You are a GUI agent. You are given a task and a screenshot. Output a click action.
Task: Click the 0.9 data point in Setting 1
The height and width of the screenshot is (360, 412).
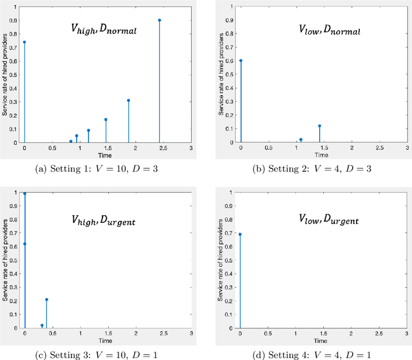point(160,20)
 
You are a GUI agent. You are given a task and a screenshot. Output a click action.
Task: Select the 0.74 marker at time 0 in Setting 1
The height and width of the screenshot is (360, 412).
point(24,43)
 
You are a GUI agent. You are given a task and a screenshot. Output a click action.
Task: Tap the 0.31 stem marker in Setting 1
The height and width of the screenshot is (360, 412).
point(128,100)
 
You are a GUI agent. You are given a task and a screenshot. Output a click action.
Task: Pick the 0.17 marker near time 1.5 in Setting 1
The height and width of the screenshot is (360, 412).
point(106,119)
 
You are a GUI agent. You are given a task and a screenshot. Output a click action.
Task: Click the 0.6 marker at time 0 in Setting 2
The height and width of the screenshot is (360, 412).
point(241,61)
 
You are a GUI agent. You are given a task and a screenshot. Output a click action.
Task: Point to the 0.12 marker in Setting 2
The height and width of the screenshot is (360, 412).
point(319,126)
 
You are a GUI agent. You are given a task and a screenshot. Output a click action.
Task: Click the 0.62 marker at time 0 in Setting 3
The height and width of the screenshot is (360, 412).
point(24,244)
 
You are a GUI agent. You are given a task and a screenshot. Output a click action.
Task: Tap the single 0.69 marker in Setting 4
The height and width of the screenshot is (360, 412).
point(241,234)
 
